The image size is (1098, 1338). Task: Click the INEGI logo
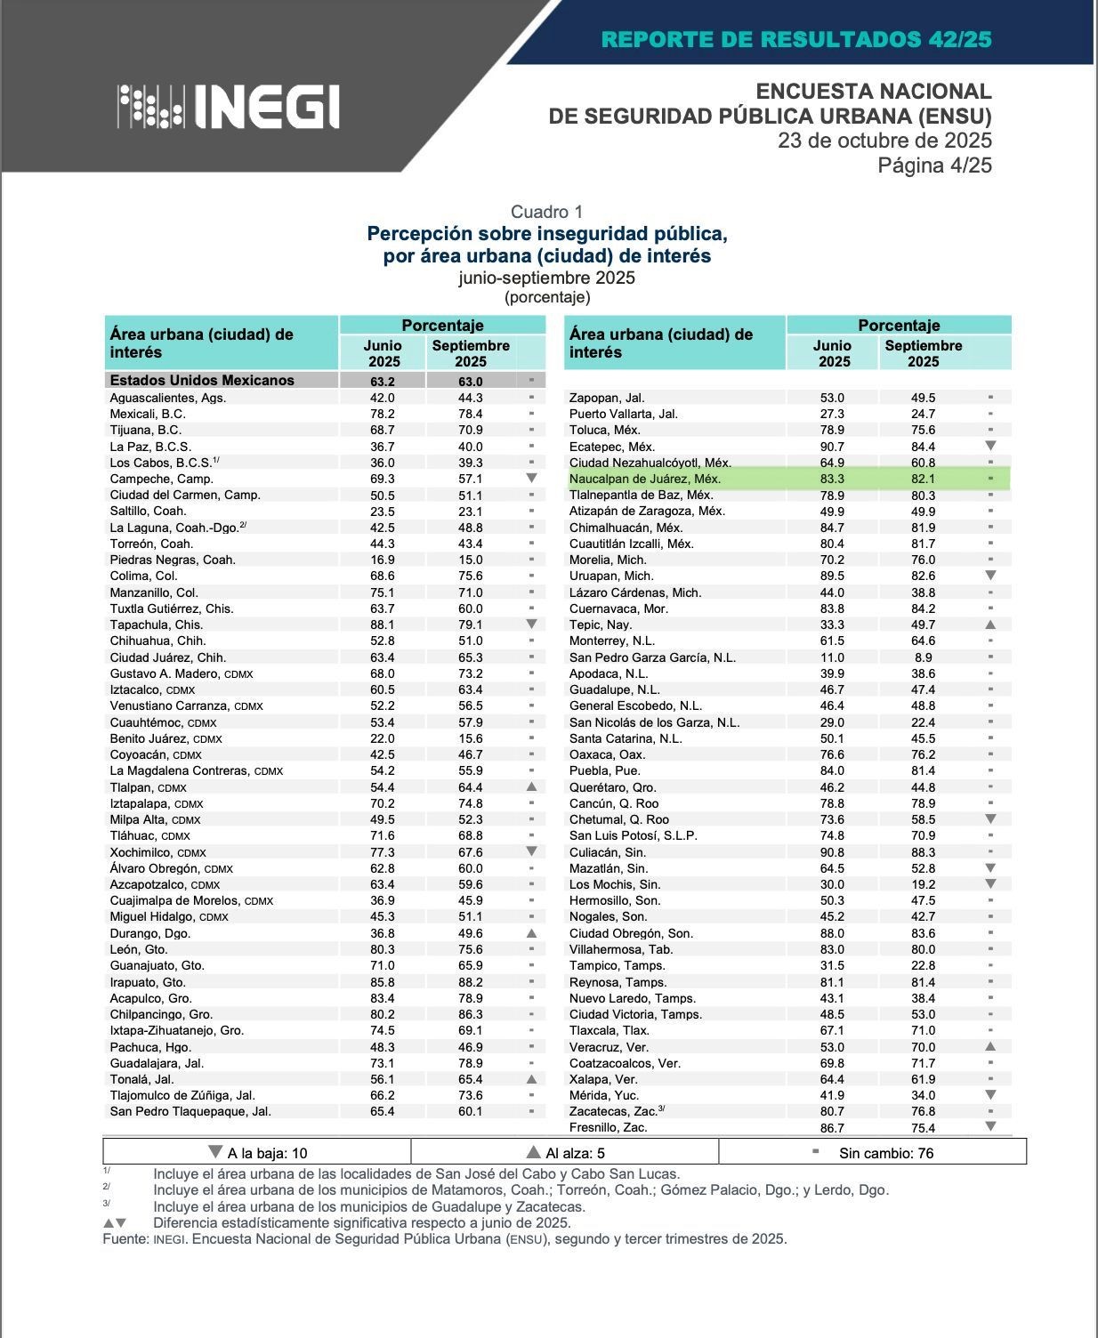point(229,107)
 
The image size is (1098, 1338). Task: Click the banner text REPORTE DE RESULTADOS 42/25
point(796,39)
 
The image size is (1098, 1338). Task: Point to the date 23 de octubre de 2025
point(884,141)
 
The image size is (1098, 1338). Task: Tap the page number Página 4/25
point(934,165)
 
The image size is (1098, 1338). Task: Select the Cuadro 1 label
point(546,212)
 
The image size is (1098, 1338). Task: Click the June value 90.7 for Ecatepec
point(832,447)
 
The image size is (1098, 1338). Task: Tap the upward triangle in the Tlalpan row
point(531,787)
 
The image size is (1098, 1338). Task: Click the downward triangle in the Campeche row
point(531,479)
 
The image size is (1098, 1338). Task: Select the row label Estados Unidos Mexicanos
point(202,380)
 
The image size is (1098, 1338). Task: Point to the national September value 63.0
point(470,381)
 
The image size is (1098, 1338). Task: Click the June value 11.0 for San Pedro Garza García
point(832,657)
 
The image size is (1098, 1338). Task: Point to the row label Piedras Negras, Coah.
point(173,560)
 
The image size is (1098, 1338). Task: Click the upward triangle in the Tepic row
point(990,625)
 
